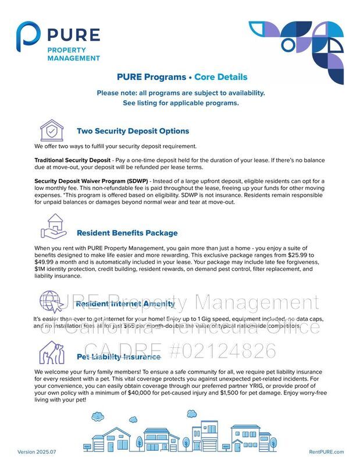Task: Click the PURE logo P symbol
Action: tap(28, 40)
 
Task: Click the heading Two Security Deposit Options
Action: tap(133, 131)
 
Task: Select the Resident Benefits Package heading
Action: tap(127, 233)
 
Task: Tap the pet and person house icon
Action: tap(52, 352)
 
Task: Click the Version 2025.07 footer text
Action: tap(38, 452)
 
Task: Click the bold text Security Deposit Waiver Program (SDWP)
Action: tap(91, 181)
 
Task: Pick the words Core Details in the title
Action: tap(220, 77)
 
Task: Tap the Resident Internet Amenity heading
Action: tap(125, 304)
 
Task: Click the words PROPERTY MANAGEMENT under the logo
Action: tap(73, 54)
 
